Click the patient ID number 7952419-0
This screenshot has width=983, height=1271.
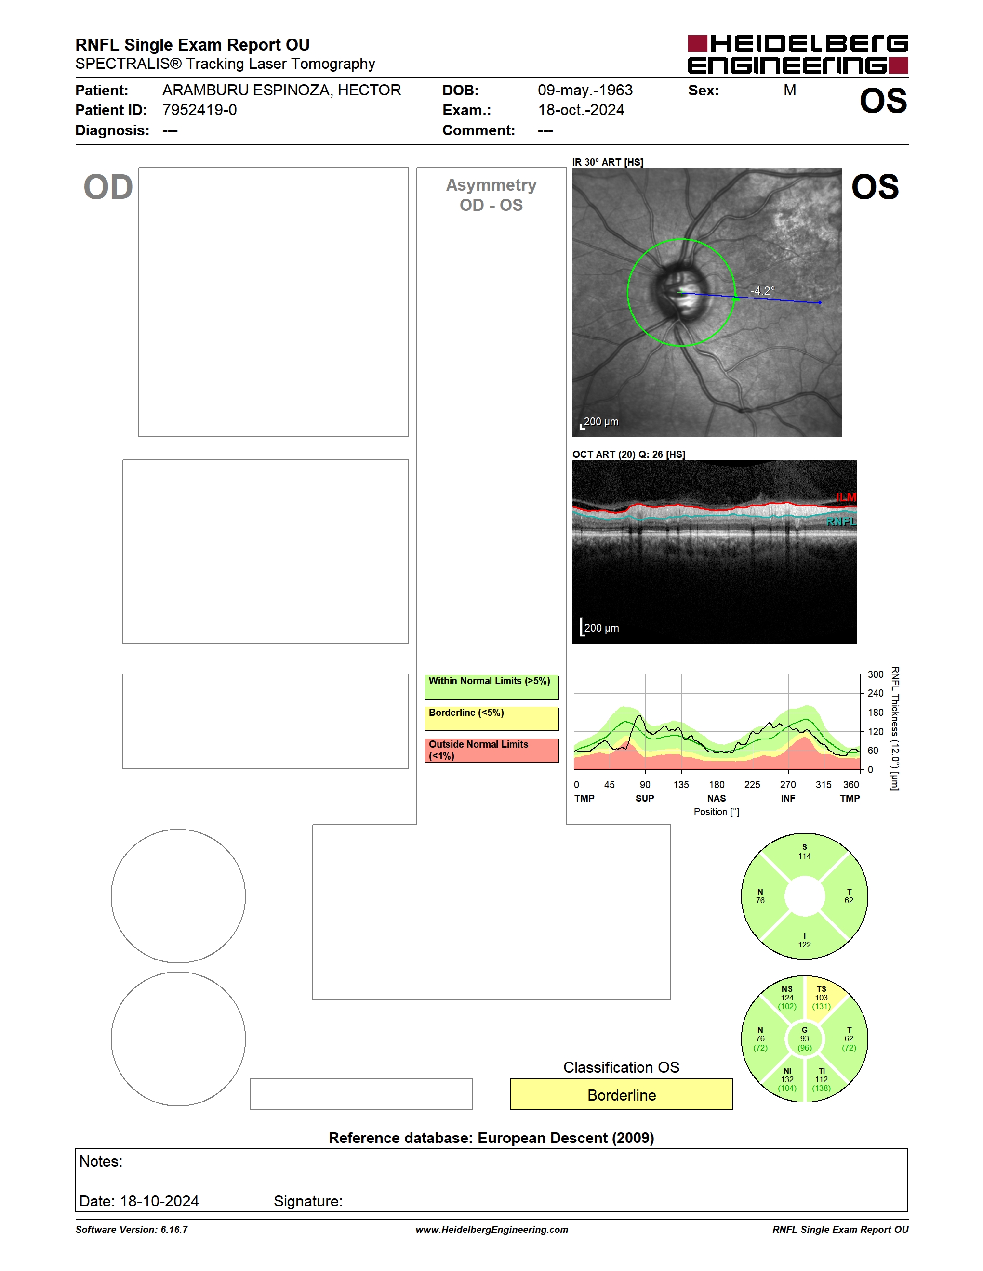[x=199, y=110]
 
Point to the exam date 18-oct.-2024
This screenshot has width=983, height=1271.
[x=581, y=110]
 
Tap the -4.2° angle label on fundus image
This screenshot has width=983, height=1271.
[x=762, y=290]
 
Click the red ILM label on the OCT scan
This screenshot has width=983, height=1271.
[x=846, y=497]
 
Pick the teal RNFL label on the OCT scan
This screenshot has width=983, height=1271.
[x=841, y=521]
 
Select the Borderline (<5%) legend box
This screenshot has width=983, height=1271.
[x=491, y=719]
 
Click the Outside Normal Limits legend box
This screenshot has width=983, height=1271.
[x=491, y=751]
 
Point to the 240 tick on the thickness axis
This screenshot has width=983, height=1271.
[x=875, y=693]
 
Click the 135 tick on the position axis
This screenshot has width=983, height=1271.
[x=681, y=784]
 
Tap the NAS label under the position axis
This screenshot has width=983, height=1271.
[x=716, y=798]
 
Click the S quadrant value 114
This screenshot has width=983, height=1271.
[x=804, y=856]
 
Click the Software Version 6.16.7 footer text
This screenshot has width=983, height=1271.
[x=132, y=1230]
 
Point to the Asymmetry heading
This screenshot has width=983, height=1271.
[x=491, y=185]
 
